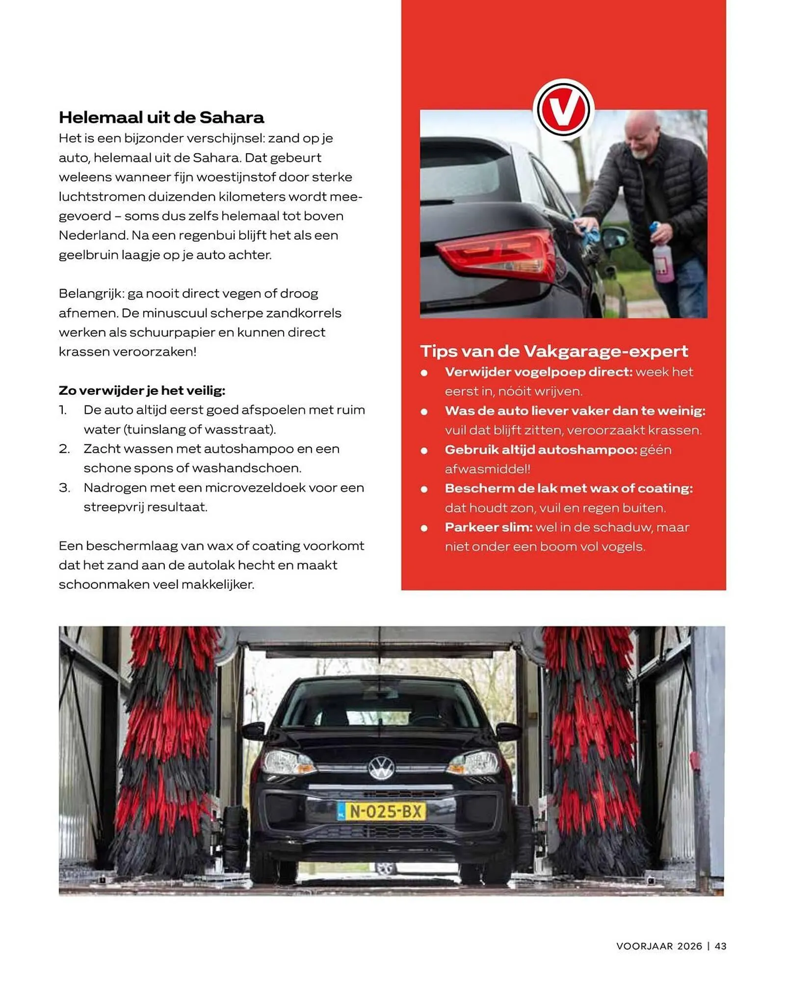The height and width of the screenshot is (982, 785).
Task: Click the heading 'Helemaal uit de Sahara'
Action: point(161,117)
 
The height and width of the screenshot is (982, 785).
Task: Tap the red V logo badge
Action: point(563,109)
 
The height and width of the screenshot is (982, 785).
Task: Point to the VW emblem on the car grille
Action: point(381,768)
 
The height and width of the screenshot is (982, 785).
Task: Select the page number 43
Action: point(720,946)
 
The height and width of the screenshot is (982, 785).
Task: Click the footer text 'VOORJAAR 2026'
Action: point(659,946)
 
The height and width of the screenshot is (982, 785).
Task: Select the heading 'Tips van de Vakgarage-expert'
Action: point(554,351)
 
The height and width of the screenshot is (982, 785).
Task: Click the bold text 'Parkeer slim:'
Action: point(488,527)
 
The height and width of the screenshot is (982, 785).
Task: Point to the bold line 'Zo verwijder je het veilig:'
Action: point(142,390)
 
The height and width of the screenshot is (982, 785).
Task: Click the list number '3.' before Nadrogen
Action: point(64,488)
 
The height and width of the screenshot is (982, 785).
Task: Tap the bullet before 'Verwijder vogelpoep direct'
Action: point(424,373)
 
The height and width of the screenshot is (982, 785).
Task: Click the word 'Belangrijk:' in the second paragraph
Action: point(91,294)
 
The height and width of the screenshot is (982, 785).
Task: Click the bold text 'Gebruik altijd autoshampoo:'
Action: point(541,450)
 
